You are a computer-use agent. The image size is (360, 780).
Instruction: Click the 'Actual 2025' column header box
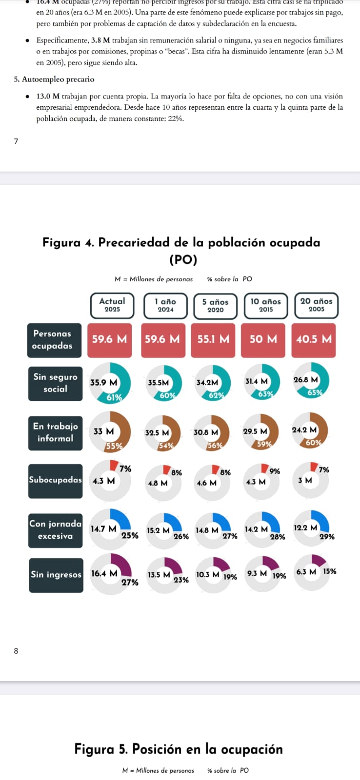pos(112,305)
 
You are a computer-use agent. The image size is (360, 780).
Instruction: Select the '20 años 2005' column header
pos(316,305)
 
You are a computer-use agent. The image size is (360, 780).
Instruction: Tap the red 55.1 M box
pos(213,339)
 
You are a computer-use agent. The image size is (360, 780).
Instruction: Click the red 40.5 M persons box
pos(314,339)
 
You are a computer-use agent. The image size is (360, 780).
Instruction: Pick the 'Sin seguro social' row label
pos(55,383)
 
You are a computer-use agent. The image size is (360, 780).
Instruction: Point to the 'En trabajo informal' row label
pos(55,432)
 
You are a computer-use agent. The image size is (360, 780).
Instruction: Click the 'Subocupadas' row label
pos(55,480)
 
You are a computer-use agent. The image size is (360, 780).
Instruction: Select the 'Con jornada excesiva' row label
pos(55,530)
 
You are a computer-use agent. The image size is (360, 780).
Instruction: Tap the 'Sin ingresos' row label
pos(56,575)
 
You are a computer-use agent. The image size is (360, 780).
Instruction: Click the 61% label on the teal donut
pos(114,397)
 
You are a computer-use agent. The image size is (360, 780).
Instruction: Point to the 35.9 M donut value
pos(103,383)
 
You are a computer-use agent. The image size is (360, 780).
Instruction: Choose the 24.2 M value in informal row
pos(304,430)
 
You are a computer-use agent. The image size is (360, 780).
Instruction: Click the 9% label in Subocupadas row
pos(275,471)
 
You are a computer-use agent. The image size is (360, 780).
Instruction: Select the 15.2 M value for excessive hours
pos(158,530)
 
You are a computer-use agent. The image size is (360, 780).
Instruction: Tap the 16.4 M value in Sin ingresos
pos(104,574)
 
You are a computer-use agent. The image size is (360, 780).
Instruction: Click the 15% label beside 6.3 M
pos(329,571)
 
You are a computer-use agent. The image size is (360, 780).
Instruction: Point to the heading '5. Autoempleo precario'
pos(54,79)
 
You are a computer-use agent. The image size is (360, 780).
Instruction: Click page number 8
pos(16,651)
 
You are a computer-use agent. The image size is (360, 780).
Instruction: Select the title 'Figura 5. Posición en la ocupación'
pos(179,749)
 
